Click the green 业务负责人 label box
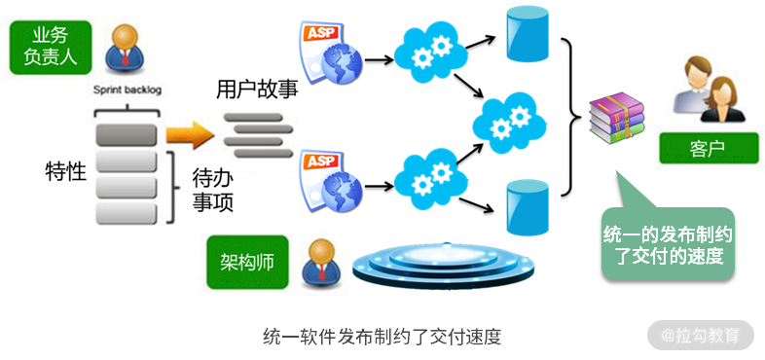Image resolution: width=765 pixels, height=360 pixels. (51, 48)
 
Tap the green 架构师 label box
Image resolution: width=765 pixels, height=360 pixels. (247, 263)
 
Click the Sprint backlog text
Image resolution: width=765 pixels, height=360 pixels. (127, 90)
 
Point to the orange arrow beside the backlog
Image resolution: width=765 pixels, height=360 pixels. (190, 134)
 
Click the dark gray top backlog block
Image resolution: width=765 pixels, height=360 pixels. (127, 135)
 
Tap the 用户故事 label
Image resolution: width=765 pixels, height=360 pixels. (257, 90)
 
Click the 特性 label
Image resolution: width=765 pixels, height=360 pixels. (66, 172)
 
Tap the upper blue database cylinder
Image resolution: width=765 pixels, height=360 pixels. (528, 34)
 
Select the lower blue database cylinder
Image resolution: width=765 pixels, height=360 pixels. (528, 208)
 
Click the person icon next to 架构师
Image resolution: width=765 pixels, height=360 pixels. (320, 263)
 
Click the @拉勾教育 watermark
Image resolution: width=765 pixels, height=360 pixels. (701, 335)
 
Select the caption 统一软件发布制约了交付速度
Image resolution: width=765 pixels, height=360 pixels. (382, 337)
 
